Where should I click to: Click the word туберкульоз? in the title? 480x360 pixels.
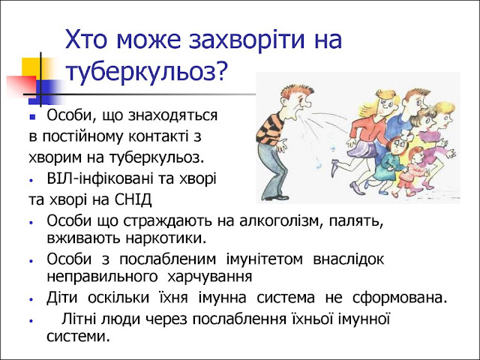[x=146, y=73]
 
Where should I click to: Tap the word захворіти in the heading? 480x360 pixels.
[x=247, y=40]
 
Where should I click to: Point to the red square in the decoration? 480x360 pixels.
[x=21, y=85]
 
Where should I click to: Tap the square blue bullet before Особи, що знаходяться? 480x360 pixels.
[x=33, y=117]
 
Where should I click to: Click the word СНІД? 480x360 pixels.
[x=133, y=200]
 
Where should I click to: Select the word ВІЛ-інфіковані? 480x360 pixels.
[x=100, y=178]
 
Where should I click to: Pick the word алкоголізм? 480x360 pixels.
[x=281, y=221]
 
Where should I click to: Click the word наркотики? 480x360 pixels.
[x=166, y=238]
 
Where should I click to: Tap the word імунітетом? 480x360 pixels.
[x=265, y=259]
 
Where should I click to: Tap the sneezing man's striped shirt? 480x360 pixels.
[x=270, y=129]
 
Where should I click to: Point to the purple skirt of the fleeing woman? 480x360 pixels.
[x=364, y=149]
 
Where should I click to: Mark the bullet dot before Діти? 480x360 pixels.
[x=31, y=299]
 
